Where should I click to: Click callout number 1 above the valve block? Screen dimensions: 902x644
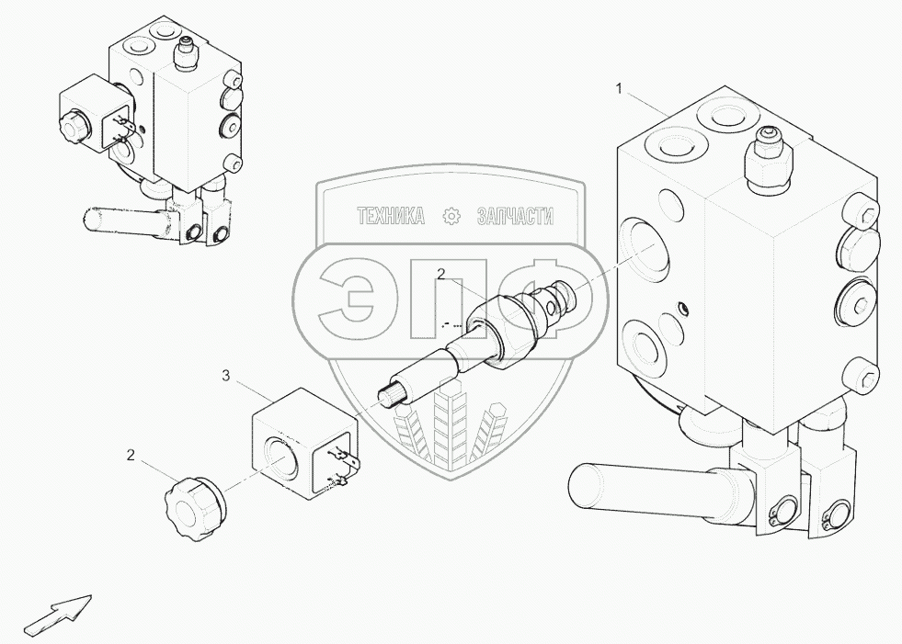pyautogui.click(x=620, y=89)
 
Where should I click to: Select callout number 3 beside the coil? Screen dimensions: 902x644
pyautogui.click(x=225, y=375)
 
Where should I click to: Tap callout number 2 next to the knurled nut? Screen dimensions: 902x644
pyautogui.click(x=131, y=455)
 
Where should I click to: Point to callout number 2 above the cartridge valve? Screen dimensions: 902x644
pyautogui.click(x=441, y=274)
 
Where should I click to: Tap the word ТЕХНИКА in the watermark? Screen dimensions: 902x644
pyautogui.click(x=391, y=217)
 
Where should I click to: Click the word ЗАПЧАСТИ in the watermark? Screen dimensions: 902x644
pyautogui.click(x=515, y=217)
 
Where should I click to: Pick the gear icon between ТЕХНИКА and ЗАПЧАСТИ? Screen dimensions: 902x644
pyautogui.click(x=451, y=217)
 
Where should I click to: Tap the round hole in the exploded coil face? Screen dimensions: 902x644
pyautogui.click(x=280, y=456)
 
